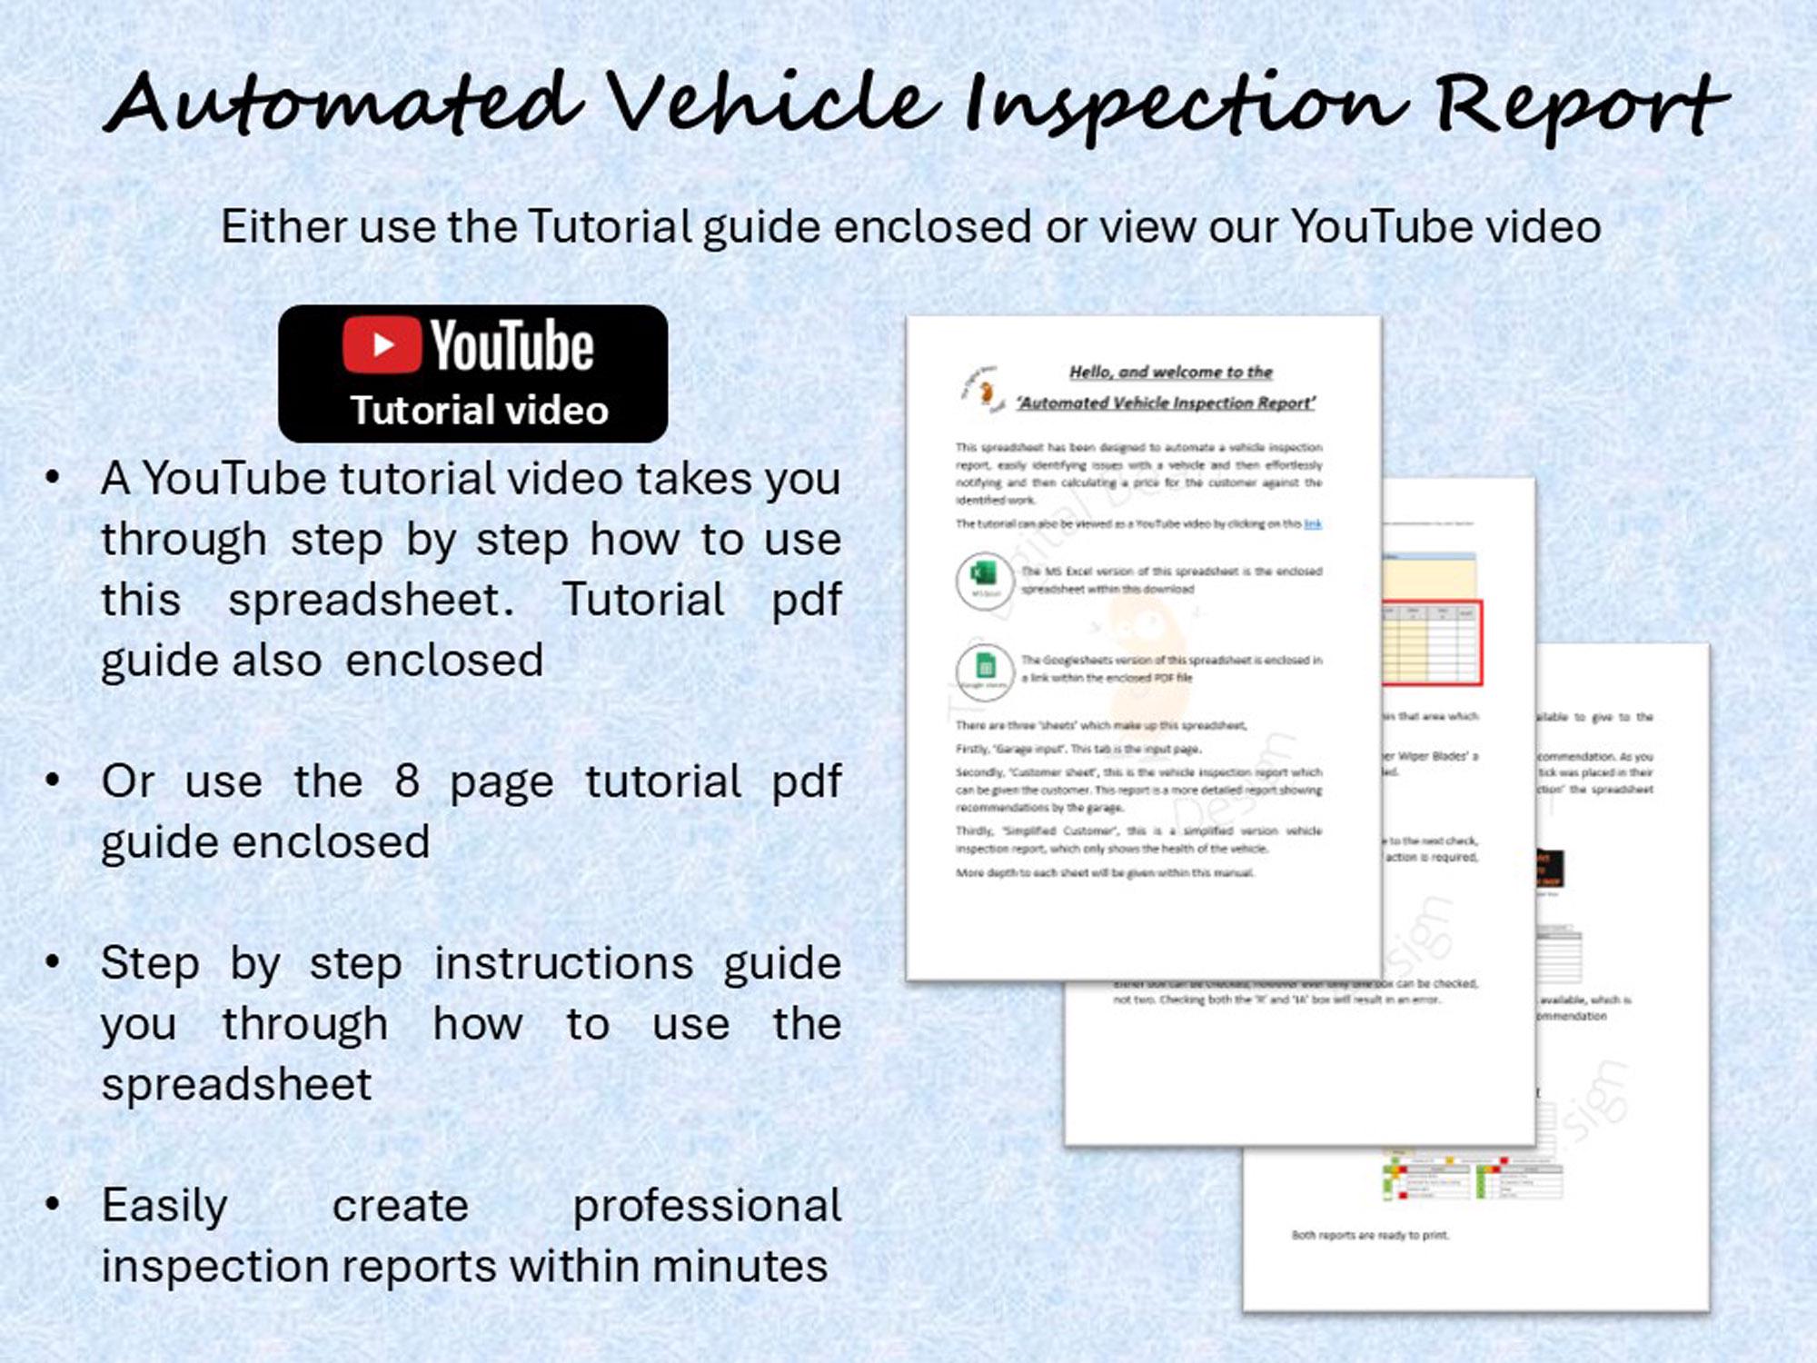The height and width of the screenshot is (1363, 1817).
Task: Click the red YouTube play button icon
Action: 382,344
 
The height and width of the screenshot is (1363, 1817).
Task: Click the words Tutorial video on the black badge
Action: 479,411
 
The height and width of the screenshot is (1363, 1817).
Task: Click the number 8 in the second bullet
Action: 406,781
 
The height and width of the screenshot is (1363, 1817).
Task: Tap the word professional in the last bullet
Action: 706,1206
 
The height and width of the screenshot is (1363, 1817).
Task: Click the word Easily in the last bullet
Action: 164,1206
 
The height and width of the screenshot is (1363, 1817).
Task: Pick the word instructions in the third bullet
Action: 563,963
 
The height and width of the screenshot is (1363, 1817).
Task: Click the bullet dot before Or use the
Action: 53,780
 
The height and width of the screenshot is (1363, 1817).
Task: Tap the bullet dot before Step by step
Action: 53,961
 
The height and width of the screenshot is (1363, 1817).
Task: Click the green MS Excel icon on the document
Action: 984,576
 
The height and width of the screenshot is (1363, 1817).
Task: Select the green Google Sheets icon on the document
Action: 984,668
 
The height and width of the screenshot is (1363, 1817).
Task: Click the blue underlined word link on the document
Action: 1313,523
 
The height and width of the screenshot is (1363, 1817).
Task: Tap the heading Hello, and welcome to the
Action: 1170,372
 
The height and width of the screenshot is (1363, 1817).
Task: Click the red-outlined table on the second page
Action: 1432,642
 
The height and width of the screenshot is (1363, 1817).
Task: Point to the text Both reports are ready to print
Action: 1370,1235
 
